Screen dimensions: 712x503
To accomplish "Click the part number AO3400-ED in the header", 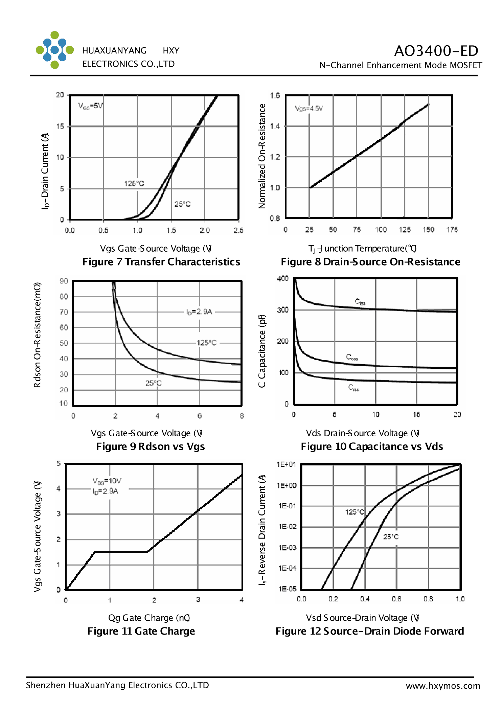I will coord(436,51).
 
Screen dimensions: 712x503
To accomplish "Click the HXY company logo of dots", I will coord(54,50).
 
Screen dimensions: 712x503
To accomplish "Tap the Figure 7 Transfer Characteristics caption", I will coord(161,262).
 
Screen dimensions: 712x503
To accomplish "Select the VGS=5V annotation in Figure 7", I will coord(90,106).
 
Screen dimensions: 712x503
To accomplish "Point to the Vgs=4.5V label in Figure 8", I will coord(309,109).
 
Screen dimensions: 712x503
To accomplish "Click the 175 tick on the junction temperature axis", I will coord(452,230).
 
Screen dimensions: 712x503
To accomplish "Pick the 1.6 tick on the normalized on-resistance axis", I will coord(275,96).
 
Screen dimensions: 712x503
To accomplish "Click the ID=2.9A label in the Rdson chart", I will coord(199,312).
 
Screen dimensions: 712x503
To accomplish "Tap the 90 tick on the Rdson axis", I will coord(64,281).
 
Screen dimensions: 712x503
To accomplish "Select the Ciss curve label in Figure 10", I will coord(360,302).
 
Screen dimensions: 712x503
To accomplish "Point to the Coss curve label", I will coord(352,357).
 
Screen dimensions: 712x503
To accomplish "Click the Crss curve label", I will coord(353,388).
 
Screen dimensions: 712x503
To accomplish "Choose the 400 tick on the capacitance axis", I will coord(283,279).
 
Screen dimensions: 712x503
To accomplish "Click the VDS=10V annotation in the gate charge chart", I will coord(107,481).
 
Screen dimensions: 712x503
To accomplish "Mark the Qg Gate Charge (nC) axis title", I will coord(149,618).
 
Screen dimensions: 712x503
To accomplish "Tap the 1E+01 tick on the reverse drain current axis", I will coord(286,464).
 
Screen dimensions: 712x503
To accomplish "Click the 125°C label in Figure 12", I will coord(355,512).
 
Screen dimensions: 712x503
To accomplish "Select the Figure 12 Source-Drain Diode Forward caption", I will coord(370,631).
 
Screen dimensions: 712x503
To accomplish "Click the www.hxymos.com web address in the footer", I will coord(443,686).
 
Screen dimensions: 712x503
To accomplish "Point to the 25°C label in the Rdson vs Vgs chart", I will coord(154,383).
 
